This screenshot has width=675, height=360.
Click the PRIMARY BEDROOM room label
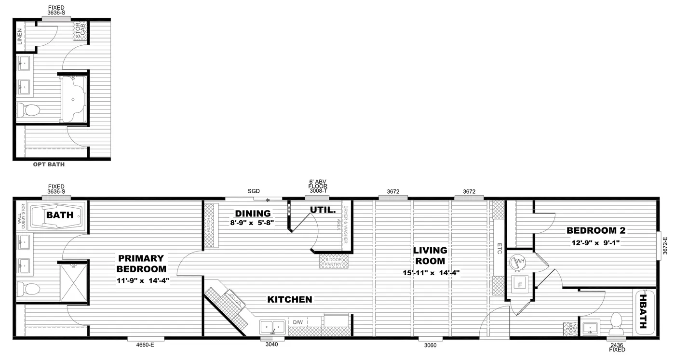pyautogui.click(x=141, y=264)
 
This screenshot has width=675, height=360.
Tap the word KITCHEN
pyautogui.click(x=290, y=300)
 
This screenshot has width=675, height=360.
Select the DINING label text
pyautogui.click(x=253, y=213)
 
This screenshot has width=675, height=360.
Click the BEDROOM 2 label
pyautogui.click(x=596, y=230)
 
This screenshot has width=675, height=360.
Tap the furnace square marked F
pyautogui.click(x=520, y=284)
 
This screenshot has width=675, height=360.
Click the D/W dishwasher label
pyautogui.click(x=297, y=322)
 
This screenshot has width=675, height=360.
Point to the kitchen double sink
pyautogui.click(x=273, y=328)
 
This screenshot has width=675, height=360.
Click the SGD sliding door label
pyautogui.click(x=254, y=191)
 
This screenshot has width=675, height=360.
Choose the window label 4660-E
pyautogui.click(x=146, y=345)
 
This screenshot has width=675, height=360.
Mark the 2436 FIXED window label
pyautogui.click(x=616, y=347)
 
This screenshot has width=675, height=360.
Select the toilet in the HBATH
pyautogui.click(x=616, y=324)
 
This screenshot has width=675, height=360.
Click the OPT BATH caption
pyautogui.click(x=49, y=164)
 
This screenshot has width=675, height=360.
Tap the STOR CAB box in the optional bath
pyautogui.click(x=79, y=31)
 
